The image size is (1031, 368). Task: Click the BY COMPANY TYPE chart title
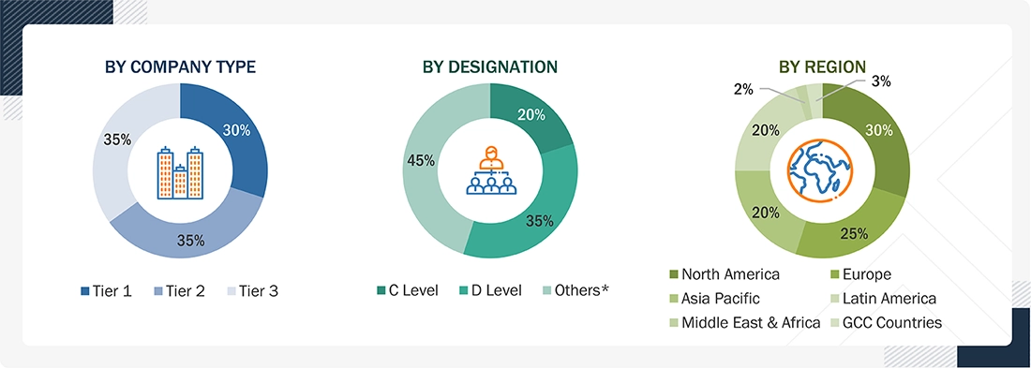pyautogui.click(x=180, y=66)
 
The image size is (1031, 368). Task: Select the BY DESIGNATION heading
pyautogui.click(x=490, y=66)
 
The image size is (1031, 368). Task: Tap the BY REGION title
pyautogui.click(x=822, y=66)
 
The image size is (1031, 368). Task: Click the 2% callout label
pyautogui.click(x=743, y=89)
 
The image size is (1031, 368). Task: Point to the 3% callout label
pyautogui.click(x=881, y=81)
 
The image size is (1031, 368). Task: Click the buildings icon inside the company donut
pyautogui.click(x=180, y=173)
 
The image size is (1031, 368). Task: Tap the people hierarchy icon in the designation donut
pyautogui.click(x=490, y=170)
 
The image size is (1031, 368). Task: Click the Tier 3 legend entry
pyautogui.click(x=252, y=291)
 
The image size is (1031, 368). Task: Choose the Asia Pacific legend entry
pyautogui.click(x=714, y=299)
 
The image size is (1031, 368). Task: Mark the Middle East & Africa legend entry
pyautogui.click(x=744, y=323)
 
